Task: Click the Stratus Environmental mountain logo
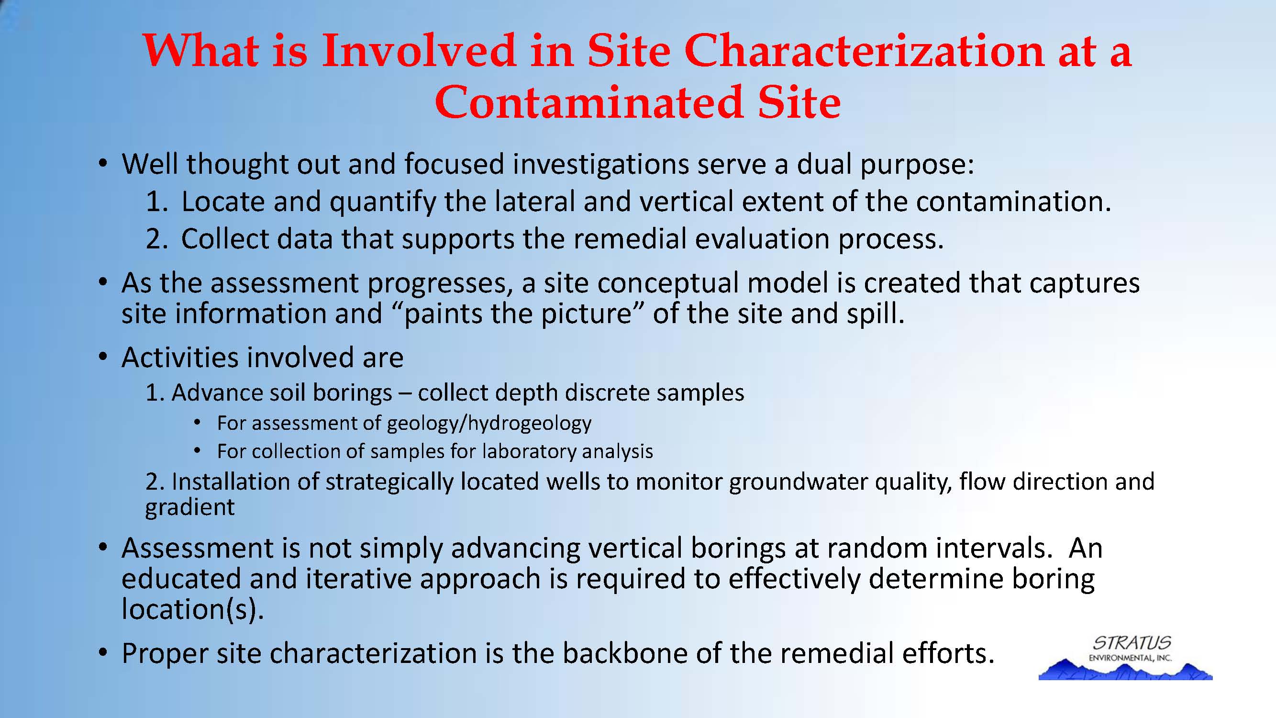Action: tap(1125, 658)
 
